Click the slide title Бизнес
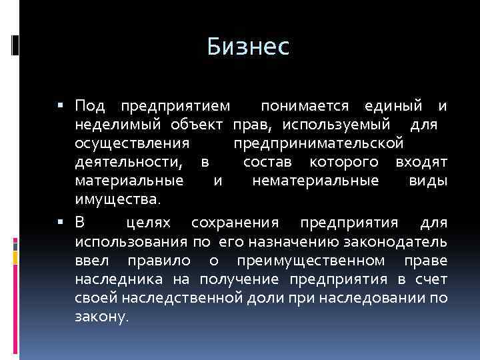click(247, 47)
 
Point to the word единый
click(393, 106)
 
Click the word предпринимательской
click(318, 143)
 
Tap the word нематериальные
click(316, 181)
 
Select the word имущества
click(117, 199)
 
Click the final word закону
click(101, 316)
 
